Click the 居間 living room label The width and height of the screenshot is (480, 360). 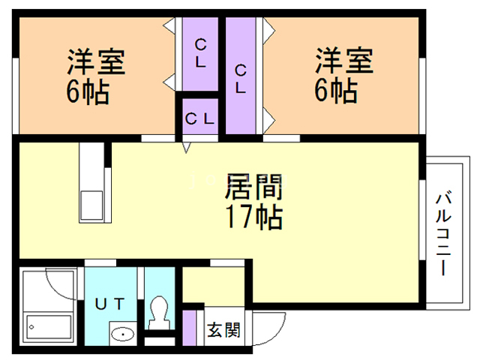253,187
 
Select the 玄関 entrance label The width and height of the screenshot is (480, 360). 223,330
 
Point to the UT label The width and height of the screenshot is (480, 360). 109,304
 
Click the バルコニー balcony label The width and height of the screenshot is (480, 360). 443,233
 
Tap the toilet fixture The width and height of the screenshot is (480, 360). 159,312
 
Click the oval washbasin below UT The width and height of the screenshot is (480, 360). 122,334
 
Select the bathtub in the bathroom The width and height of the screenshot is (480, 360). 49,327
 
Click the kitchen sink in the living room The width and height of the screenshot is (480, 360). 91,205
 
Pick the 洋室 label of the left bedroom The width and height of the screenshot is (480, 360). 96,62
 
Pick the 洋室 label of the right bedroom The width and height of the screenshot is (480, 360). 344,61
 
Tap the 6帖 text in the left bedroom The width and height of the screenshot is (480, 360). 88,91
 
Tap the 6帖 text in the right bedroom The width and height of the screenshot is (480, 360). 336,90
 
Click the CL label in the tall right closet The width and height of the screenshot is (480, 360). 241,79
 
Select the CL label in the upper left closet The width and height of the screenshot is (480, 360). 200,53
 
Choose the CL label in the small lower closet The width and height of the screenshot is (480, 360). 199,118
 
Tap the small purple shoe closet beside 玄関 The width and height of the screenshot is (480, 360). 190,328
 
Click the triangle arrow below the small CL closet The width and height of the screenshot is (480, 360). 186,148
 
